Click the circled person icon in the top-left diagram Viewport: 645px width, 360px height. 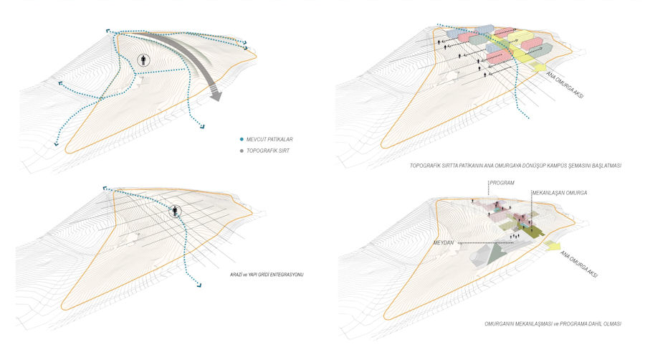point(145,60)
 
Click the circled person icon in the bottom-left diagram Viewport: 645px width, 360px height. point(176,211)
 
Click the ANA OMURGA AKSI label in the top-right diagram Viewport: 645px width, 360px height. point(563,85)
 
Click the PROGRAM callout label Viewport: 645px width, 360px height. point(502,183)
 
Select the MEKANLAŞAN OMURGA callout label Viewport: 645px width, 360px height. point(560,193)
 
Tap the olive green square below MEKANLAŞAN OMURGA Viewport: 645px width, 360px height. point(530,231)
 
